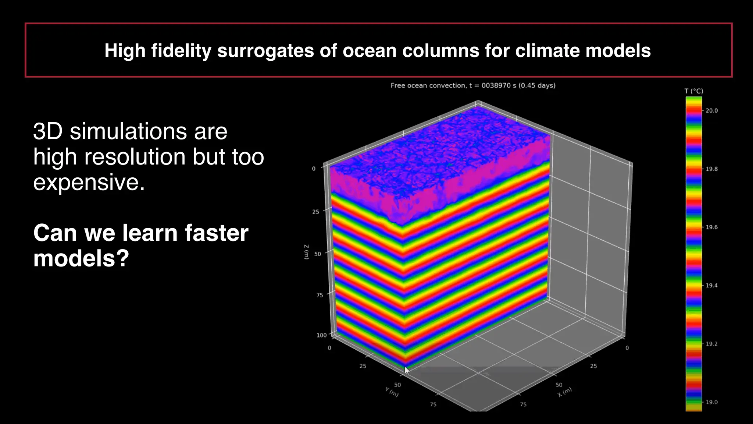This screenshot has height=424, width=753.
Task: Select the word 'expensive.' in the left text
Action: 89,182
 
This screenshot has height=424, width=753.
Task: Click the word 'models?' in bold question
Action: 81,258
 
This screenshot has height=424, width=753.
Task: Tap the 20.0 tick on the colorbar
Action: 711,110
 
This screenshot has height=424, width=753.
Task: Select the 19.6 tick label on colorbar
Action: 711,227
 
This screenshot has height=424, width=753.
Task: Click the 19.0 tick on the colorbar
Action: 711,402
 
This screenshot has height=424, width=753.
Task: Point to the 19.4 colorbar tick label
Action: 711,285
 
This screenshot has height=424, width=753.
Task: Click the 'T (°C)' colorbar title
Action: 693,91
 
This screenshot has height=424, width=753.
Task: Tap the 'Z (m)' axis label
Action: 306,252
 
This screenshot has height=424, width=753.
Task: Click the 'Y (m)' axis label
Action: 392,392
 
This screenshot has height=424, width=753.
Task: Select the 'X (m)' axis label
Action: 565,392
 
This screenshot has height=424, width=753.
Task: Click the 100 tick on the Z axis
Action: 321,335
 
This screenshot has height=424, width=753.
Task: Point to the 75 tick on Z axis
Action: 320,295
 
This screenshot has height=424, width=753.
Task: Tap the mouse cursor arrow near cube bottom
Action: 407,371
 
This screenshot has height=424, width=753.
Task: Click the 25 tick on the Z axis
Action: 315,212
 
